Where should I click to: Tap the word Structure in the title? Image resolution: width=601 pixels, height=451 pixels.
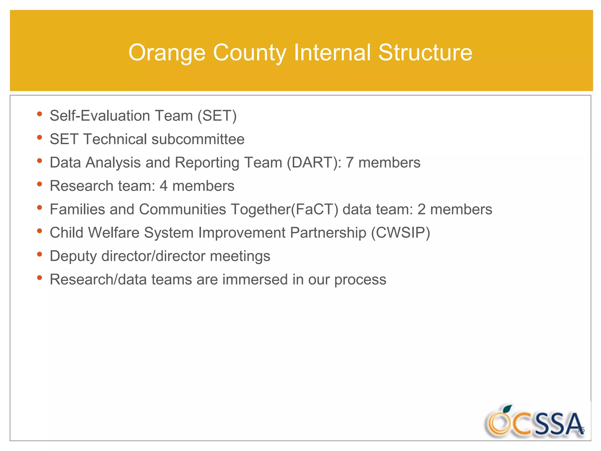[x=425, y=53]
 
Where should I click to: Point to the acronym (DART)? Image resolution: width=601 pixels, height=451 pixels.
[x=314, y=163]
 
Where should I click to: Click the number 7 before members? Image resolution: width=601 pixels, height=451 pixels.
[x=350, y=163]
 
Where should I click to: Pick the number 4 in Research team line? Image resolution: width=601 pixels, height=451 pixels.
[x=163, y=186]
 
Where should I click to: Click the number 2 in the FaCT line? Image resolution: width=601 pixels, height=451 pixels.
[x=421, y=210]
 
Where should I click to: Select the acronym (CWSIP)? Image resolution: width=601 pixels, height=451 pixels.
[x=400, y=233]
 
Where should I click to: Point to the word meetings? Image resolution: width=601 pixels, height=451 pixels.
[x=240, y=257]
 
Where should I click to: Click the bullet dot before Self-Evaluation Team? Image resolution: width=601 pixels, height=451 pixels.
[x=40, y=114]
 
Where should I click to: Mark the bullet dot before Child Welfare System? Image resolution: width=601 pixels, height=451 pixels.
[x=40, y=231]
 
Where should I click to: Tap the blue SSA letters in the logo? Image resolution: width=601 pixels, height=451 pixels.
[x=558, y=425]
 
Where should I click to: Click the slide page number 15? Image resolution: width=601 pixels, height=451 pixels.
[x=581, y=430]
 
